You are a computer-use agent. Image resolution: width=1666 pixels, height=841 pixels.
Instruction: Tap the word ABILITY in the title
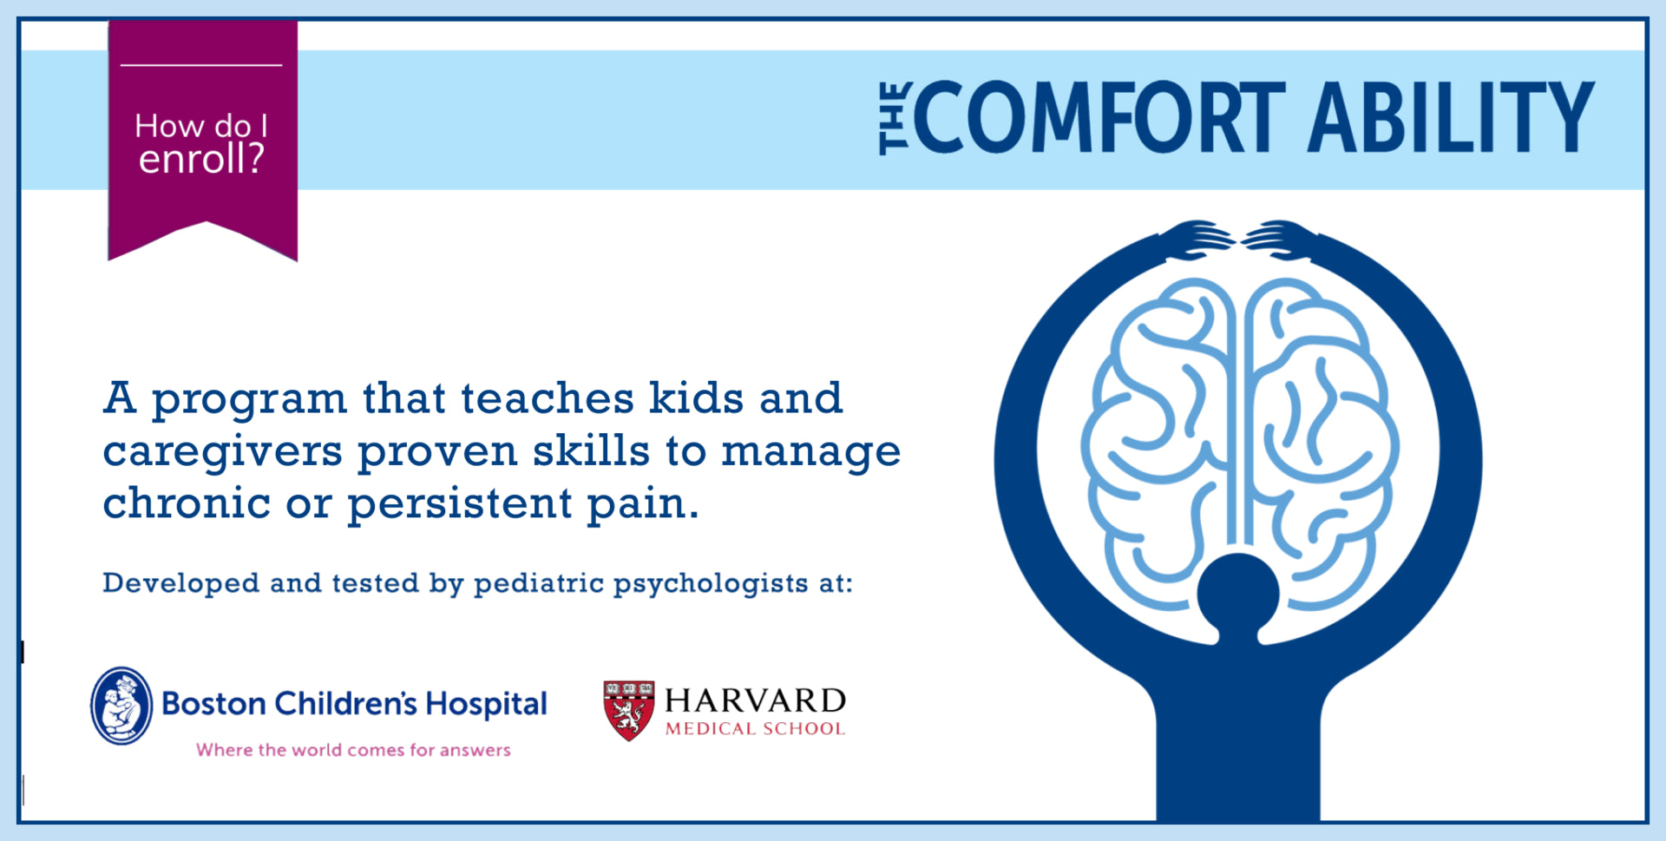(x=1451, y=117)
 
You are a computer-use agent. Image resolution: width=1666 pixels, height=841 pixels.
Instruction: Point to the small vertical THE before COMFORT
(x=894, y=119)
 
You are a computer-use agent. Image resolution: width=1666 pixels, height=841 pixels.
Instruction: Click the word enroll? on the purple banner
(x=201, y=160)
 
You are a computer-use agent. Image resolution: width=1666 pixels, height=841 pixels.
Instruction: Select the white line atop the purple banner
(x=201, y=65)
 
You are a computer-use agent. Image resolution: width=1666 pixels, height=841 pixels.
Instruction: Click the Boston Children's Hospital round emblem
(x=121, y=706)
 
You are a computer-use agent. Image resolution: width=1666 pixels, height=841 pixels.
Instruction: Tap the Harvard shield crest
(x=629, y=710)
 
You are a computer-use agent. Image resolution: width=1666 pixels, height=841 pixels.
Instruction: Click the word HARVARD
(x=755, y=700)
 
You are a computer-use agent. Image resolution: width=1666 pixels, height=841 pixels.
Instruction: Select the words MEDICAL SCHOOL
(x=755, y=729)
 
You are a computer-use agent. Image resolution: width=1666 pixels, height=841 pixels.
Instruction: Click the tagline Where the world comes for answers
(x=353, y=750)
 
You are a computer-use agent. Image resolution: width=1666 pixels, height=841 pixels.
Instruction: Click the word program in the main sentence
(x=250, y=400)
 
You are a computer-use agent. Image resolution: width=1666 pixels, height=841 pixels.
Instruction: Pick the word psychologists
(x=711, y=584)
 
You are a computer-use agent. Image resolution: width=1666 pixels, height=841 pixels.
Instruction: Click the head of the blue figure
(x=1237, y=595)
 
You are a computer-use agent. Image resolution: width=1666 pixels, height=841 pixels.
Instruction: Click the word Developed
(x=180, y=583)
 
